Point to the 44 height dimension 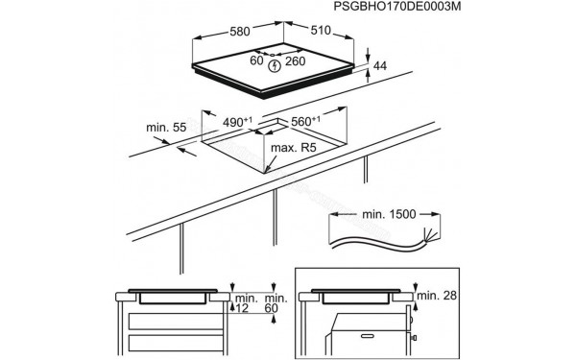point(380,65)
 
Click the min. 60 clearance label point(276,307)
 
